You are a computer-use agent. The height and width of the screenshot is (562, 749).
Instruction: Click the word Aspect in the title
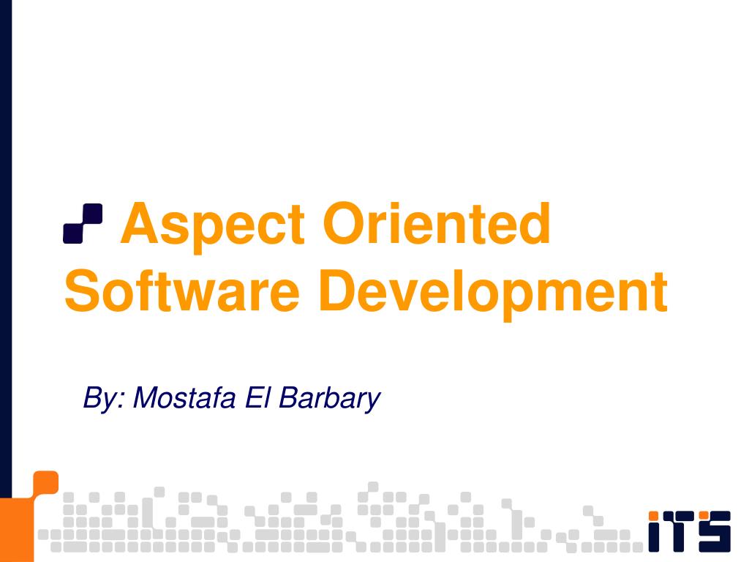[x=213, y=225]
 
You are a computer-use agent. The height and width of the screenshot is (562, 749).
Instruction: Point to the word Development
[x=494, y=291]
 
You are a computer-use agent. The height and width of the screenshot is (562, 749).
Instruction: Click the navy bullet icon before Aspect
[x=83, y=223]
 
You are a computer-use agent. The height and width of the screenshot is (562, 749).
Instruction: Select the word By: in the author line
[x=105, y=399]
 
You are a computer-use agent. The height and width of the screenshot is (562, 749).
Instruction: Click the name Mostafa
[x=185, y=398]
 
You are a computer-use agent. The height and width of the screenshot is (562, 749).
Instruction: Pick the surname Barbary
[x=330, y=399]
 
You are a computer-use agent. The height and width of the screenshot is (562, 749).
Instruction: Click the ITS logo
[x=688, y=530]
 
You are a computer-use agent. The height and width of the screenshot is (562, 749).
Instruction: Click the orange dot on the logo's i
[x=655, y=515]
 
